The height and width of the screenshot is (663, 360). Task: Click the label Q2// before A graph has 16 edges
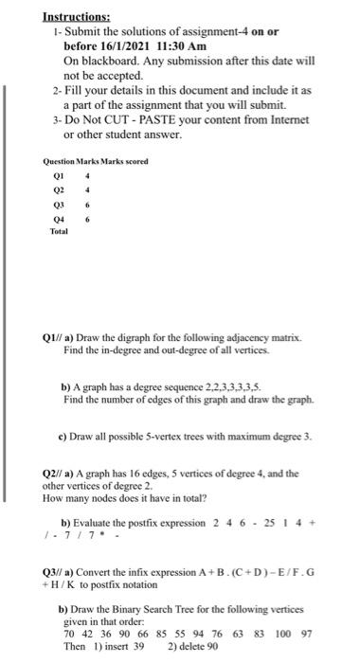55,473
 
